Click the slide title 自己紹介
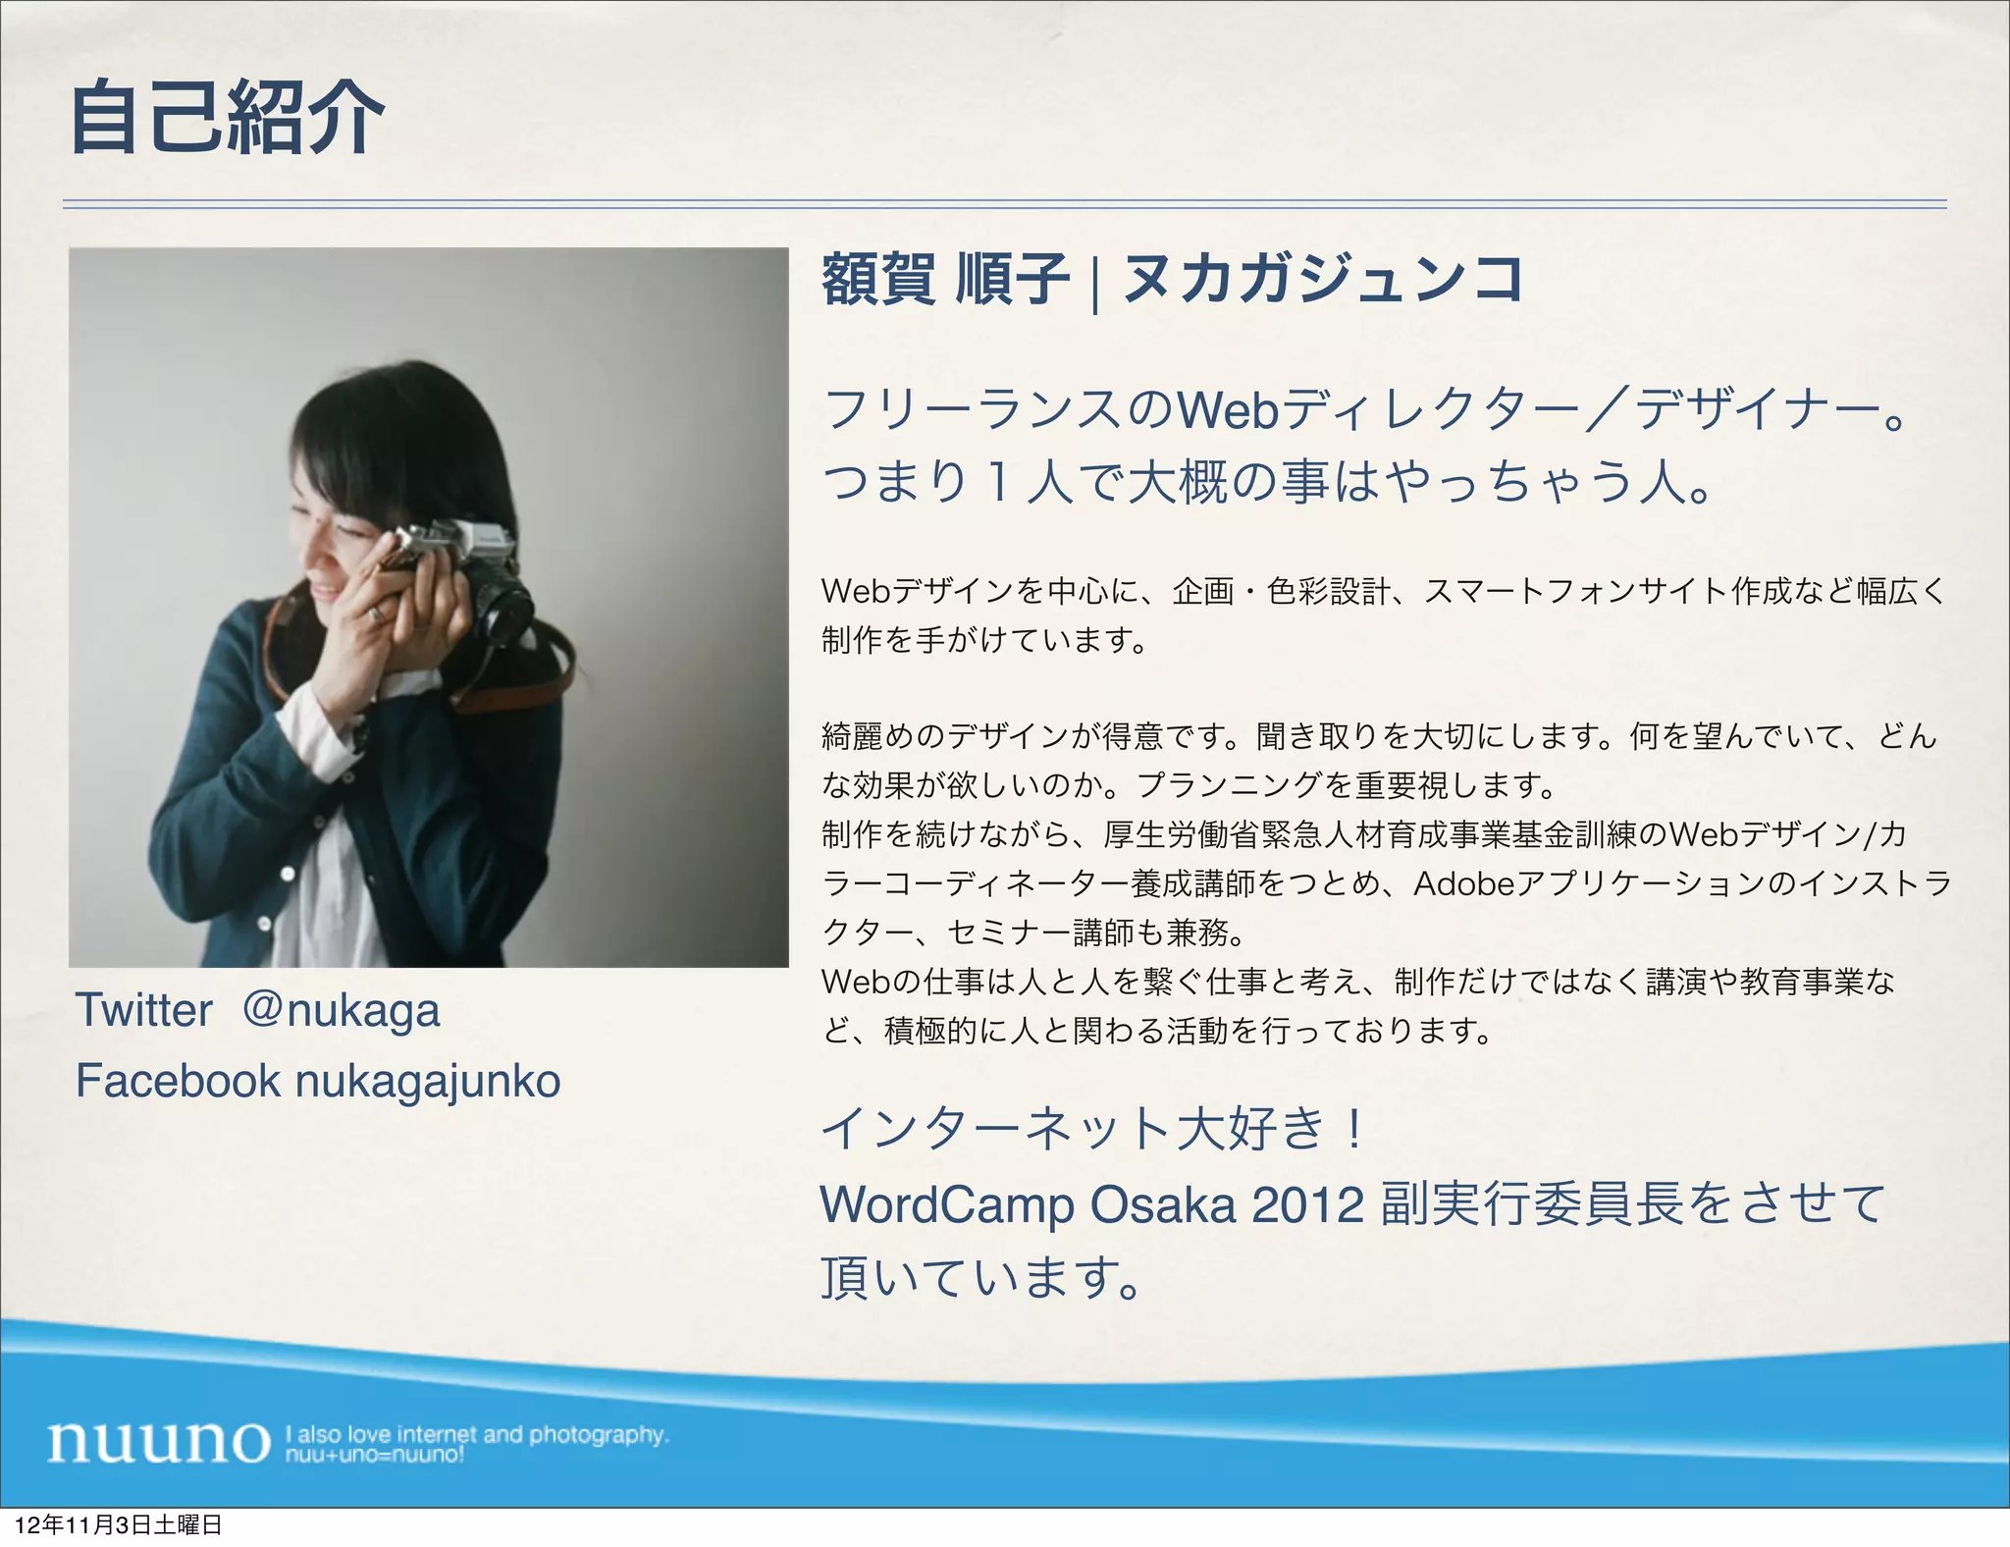[x=228, y=119]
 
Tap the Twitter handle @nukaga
[x=341, y=1010]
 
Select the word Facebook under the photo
[x=178, y=1081]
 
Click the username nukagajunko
[x=428, y=1082]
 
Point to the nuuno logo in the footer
[x=158, y=1442]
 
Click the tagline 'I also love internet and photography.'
[x=477, y=1434]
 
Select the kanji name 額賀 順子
[x=944, y=279]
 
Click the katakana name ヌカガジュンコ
[x=1323, y=279]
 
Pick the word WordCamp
[x=946, y=1204]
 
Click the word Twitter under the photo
[x=143, y=1010]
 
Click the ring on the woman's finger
[x=376, y=614]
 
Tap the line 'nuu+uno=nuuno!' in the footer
[x=374, y=1454]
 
